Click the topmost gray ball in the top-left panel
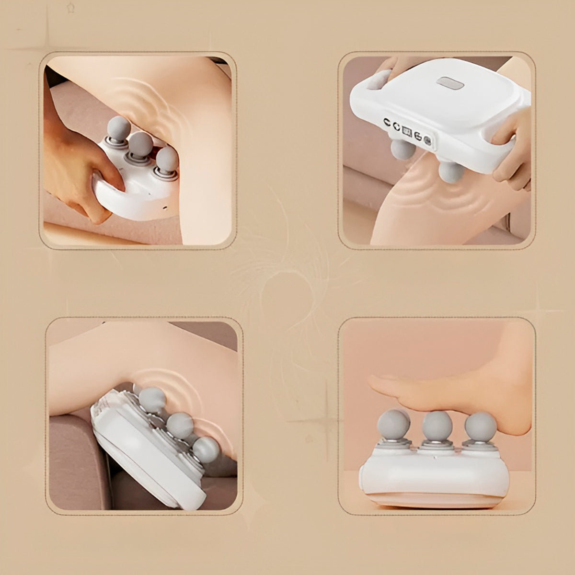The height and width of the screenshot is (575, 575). [x=118, y=127]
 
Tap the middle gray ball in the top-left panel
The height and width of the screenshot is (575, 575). [x=141, y=143]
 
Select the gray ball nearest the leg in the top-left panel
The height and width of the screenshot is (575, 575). [x=167, y=159]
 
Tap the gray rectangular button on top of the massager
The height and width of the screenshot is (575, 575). [x=450, y=83]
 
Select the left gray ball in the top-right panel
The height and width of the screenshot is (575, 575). [x=402, y=149]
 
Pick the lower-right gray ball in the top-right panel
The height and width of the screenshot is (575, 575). [x=451, y=172]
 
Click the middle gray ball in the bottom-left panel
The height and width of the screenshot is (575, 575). [x=180, y=424]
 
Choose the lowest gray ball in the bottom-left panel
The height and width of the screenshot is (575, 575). [x=207, y=449]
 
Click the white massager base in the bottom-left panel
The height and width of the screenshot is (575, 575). [x=139, y=455]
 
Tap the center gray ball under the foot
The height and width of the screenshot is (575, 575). [x=437, y=425]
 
